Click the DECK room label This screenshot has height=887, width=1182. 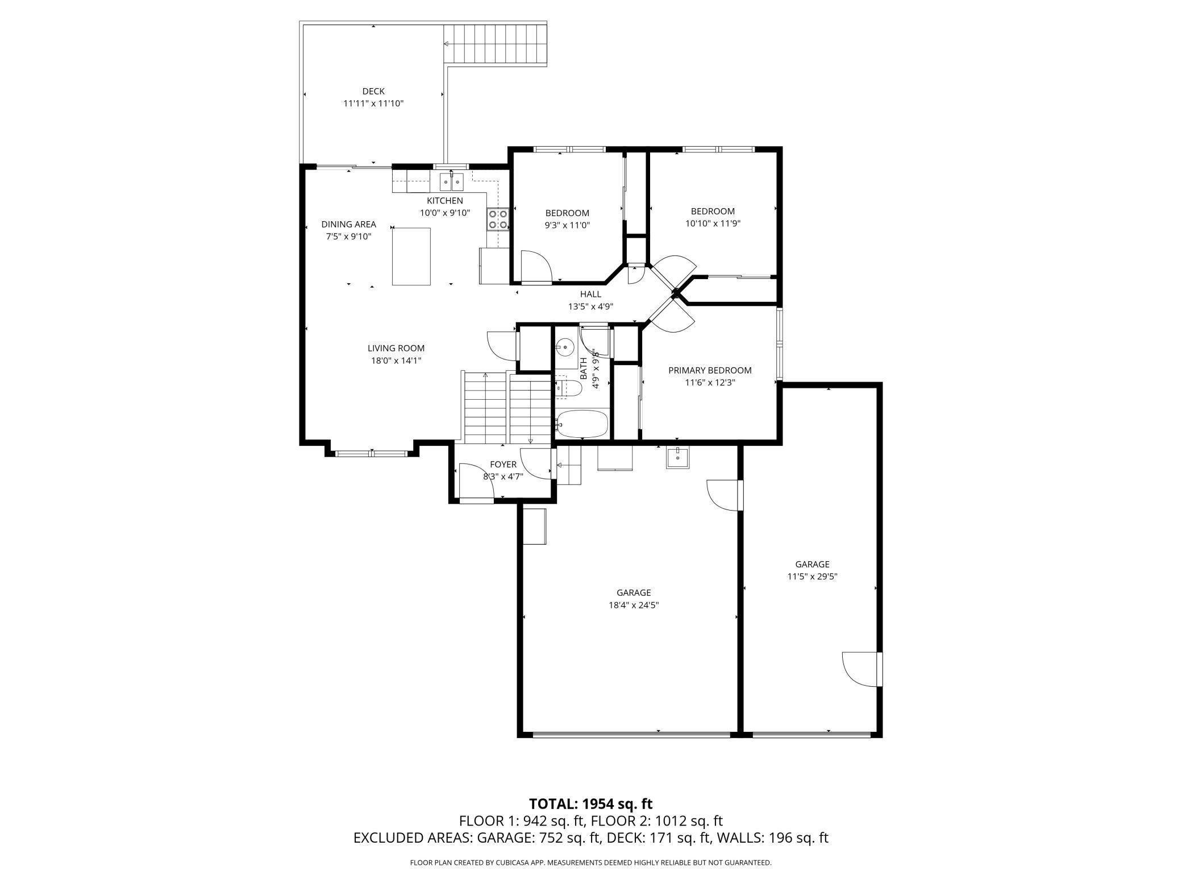(373, 91)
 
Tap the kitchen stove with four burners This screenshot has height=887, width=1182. (497, 219)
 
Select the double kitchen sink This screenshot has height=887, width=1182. (452, 182)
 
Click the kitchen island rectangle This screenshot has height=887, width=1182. (411, 256)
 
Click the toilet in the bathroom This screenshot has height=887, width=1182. (569, 388)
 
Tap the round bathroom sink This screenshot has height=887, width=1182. (565, 346)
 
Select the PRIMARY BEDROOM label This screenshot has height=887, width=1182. (710, 370)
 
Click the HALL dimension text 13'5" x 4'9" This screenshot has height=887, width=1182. (591, 306)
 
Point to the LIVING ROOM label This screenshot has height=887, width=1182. (396, 348)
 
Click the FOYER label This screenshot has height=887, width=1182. (503, 465)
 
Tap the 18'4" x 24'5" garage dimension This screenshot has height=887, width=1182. (634, 605)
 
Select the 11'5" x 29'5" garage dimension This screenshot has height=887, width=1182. (812, 576)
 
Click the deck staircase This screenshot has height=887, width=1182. (495, 44)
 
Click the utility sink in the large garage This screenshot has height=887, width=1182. (678, 457)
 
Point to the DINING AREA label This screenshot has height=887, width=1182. (349, 224)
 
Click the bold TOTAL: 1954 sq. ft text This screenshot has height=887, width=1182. (591, 803)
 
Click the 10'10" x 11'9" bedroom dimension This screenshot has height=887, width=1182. (713, 223)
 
